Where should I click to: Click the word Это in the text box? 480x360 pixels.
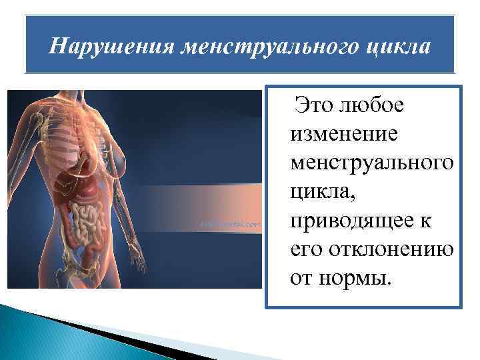click(312, 105)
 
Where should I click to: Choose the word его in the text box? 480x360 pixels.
click(304, 247)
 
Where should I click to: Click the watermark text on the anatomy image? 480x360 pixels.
click(231, 224)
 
